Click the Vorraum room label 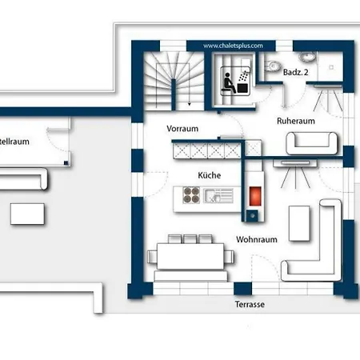[182, 129]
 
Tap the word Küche [210, 175]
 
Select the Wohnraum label [257, 239]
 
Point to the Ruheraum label [296, 121]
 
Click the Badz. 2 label [296, 72]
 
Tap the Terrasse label [250, 304]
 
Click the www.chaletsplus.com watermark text [233, 46]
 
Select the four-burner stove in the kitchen [191, 195]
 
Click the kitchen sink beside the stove [218, 195]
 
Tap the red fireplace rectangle [255, 196]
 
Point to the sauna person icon [229, 83]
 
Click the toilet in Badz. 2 [272, 66]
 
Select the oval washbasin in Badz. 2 [307, 57]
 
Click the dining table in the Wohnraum [190, 256]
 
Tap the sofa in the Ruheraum [311, 143]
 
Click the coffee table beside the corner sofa [299, 223]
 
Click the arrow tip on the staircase [189, 105]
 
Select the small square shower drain [331, 67]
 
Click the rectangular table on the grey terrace [27, 214]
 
